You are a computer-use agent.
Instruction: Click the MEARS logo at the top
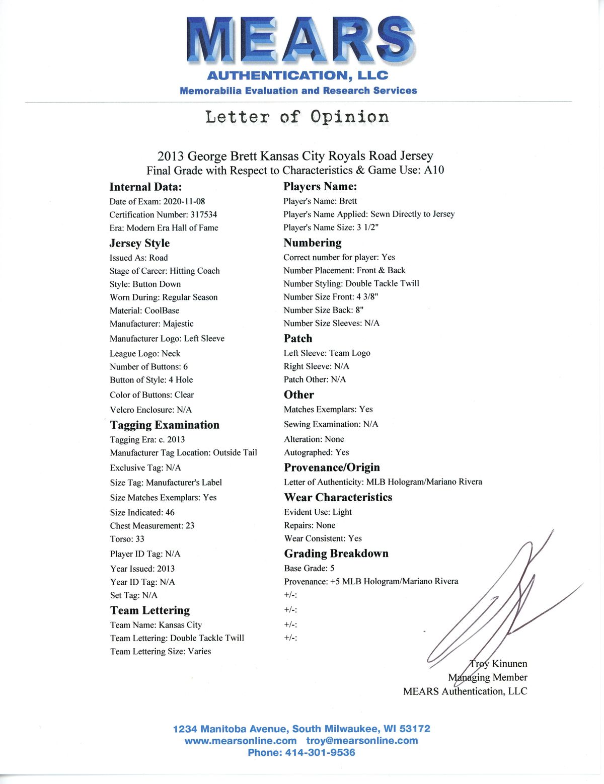pyautogui.click(x=300, y=40)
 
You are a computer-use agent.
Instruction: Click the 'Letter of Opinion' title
pyautogui.click(x=297, y=117)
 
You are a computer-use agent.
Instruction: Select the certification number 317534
pyautogui.click(x=203, y=214)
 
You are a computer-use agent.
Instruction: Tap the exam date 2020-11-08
pyautogui.click(x=184, y=201)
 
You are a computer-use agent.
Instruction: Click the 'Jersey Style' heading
pyautogui.click(x=139, y=243)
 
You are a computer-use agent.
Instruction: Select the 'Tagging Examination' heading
pyautogui.click(x=165, y=425)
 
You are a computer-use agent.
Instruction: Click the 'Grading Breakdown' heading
pyautogui.click(x=336, y=554)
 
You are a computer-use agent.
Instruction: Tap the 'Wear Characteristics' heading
pyautogui.click(x=338, y=497)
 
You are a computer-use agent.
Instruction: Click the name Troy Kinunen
pyautogui.click(x=498, y=664)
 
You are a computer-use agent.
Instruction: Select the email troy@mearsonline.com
pyautogui.click(x=362, y=741)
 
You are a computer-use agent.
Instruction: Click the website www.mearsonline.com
pyautogui.click(x=241, y=741)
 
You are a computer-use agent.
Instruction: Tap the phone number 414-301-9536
pyautogui.click(x=320, y=753)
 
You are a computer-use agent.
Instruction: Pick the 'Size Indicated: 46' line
pyautogui.click(x=142, y=512)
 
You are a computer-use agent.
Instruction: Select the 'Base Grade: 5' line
pyautogui.click(x=309, y=568)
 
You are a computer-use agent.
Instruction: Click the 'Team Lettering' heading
pyautogui.click(x=150, y=610)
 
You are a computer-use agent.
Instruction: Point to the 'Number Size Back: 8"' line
pyautogui.click(x=323, y=310)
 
